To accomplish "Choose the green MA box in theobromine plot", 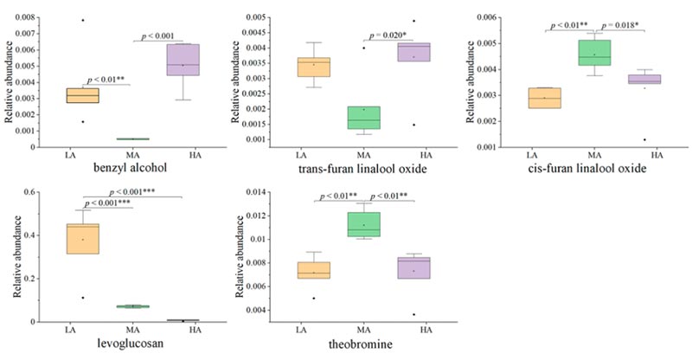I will tap(363, 224).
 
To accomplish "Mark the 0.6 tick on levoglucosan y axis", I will tap(33, 191).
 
